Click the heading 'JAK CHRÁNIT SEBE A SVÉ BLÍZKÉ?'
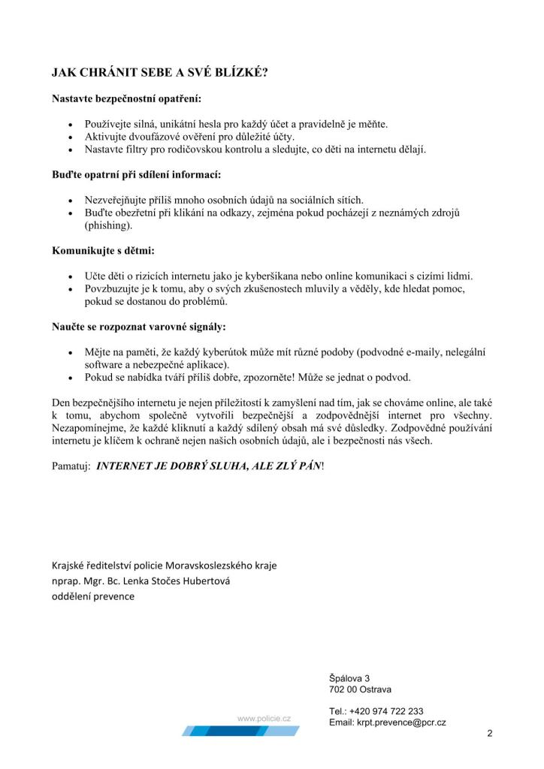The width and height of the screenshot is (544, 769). (x=159, y=72)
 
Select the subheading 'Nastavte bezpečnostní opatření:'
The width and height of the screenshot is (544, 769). (x=126, y=98)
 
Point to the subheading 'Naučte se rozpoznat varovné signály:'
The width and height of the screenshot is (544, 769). (x=138, y=327)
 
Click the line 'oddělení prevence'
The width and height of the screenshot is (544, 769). (x=93, y=596)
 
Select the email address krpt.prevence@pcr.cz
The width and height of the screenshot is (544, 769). (x=403, y=722)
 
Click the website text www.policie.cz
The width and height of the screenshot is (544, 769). (x=264, y=719)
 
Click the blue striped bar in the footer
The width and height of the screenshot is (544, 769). (x=240, y=731)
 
